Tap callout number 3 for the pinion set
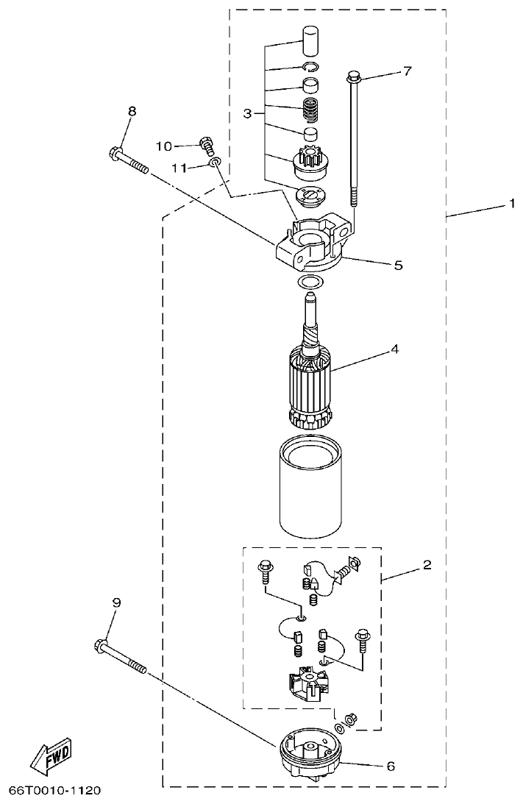249,113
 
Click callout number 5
398,265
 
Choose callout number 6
391,766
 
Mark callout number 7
407,71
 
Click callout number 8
132,111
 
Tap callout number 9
116,602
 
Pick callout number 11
177,167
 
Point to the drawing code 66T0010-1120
54,791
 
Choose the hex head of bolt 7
352,76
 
